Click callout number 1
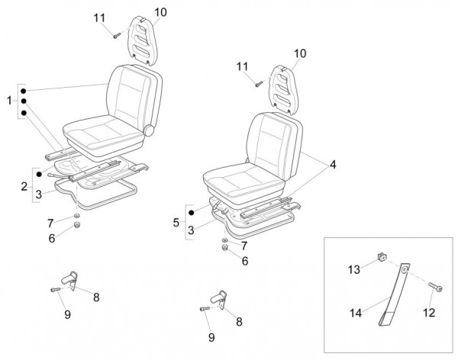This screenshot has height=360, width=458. [8, 101]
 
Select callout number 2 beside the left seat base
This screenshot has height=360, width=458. [23, 186]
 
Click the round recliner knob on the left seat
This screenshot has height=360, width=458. [150, 130]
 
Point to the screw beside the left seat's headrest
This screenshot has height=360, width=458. [116, 34]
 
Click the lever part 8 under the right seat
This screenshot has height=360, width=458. [221, 298]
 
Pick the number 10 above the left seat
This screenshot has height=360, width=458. [160, 11]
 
